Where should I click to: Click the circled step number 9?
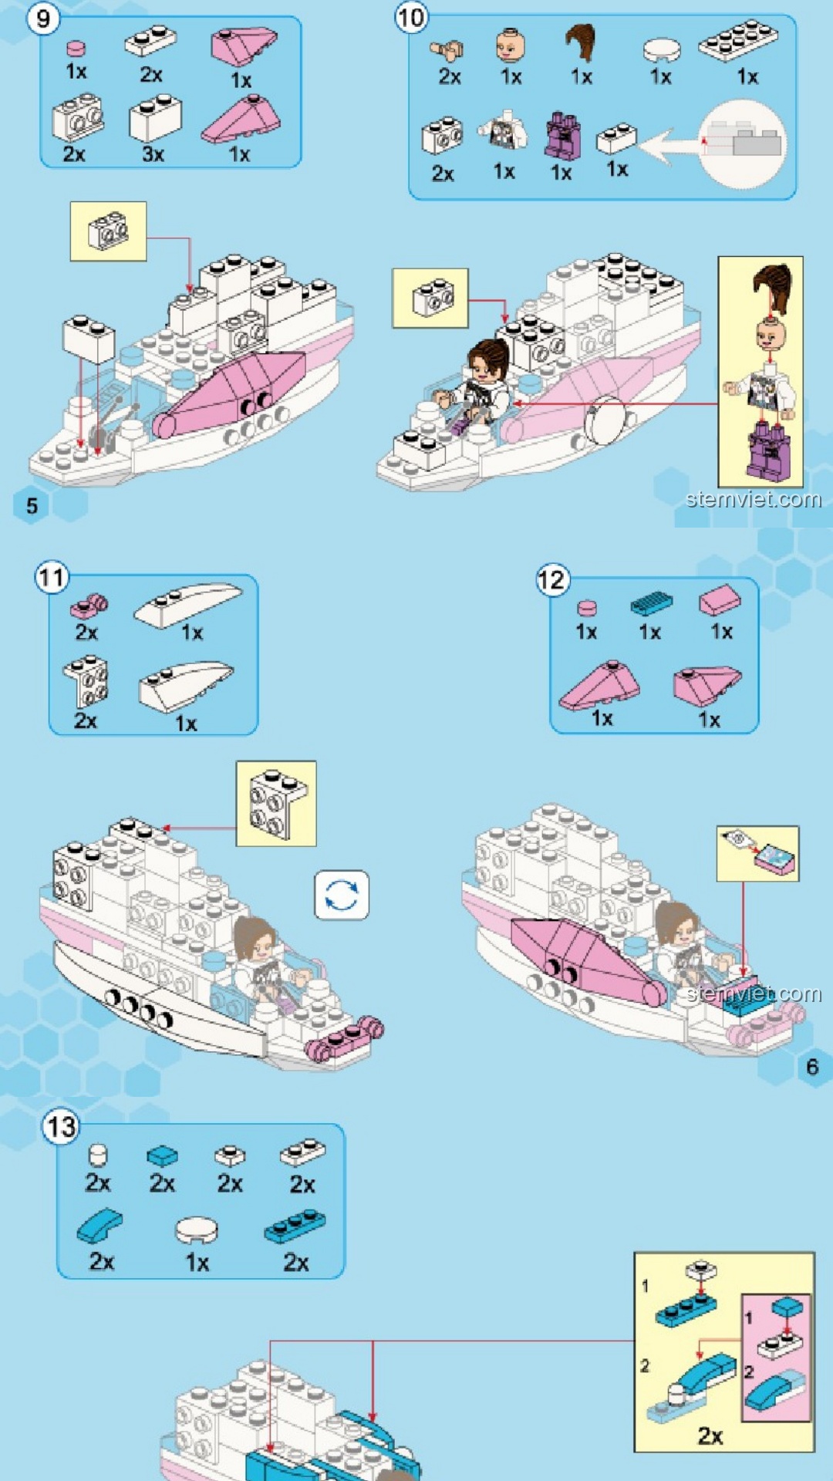(x=43, y=18)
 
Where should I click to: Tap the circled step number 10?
(x=411, y=17)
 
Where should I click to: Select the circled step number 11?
(x=52, y=577)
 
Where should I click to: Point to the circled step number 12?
(x=552, y=580)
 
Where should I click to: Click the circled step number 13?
(x=61, y=1127)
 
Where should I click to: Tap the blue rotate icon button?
(x=342, y=896)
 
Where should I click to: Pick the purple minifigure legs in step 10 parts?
(x=563, y=136)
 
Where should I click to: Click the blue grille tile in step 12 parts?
(x=651, y=603)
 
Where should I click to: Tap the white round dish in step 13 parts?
(x=197, y=1230)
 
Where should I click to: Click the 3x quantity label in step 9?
(x=153, y=154)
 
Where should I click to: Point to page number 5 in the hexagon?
(x=32, y=506)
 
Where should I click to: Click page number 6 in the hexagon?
(x=812, y=1067)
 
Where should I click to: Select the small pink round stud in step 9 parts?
(x=76, y=49)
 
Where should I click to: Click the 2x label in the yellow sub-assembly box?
(x=710, y=1436)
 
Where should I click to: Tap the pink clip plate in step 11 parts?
(x=89, y=607)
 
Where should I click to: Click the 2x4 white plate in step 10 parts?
(x=738, y=40)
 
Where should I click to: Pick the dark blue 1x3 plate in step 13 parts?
(x=295, y=1226)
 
